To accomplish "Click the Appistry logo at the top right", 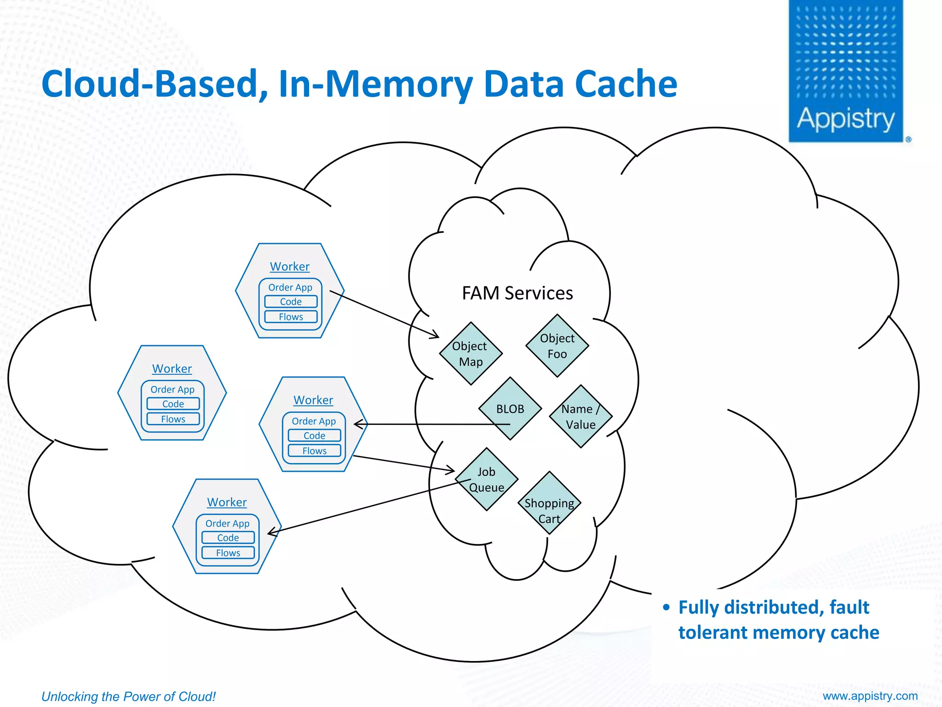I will tap(846, 71).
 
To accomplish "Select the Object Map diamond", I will tap(471, 353).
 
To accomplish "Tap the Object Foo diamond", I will tap(557, 346).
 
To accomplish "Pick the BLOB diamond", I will tap(510, 409).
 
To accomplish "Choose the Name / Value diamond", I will tap(580, 417).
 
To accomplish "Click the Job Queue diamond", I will tap(487, 479).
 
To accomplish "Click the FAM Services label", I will tap(517, 293).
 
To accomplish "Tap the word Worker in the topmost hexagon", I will tap(290, 267).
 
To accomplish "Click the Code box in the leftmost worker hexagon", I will tap(173, 404).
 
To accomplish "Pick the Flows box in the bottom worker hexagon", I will tap(228, 553).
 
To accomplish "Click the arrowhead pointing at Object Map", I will tap(435, 335).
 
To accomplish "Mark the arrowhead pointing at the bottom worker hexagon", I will tap(272, 532).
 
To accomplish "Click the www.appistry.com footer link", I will tap(870, 695).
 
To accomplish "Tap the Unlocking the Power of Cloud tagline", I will tap(128, 696).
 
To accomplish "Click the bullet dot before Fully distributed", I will tap(666, 608).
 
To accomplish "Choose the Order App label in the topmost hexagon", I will tap(290, 287).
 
